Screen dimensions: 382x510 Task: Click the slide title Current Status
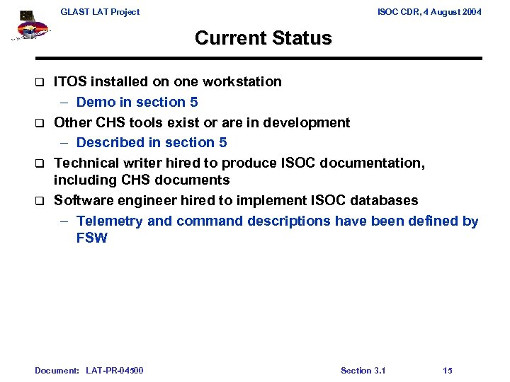(x=263, y=37)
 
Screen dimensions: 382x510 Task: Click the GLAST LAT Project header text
(x=100, y=11)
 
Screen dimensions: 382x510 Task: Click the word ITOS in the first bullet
(x=72, y=81)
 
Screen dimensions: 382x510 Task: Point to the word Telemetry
(x=110, y=221)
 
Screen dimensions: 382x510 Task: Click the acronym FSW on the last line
(x=92, y=238)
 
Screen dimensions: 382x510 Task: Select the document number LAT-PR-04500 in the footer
(x=114, y=370)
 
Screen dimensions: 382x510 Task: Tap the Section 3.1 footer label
(x=363, y=370)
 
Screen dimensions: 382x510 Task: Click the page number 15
(x=448, y=370)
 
